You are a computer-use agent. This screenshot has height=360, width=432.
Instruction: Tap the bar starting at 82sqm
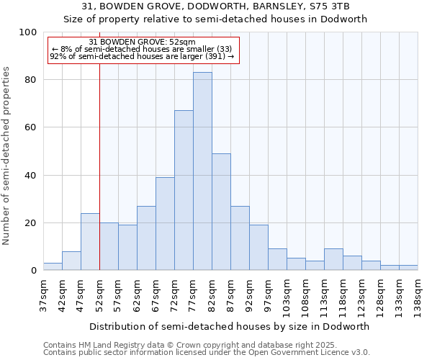pyautogui.click(x=221, y=212)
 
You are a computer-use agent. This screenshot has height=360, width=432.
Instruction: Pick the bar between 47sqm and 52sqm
pyautogui.click(x=90, y=242)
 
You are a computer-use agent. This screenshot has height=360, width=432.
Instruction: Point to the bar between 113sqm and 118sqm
pyautogui.click(x=333, y=260)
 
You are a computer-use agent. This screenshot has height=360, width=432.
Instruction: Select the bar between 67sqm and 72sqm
pyautogui.click(x=165, y=224)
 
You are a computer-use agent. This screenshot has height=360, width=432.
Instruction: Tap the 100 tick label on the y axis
pyautogui.click(x=28, y=32)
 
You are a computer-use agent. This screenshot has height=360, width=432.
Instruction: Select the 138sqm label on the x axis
pyautogui.click(x=418, y=293)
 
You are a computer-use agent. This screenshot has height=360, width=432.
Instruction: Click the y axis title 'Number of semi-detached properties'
pyautogui.click(x=7, y=156)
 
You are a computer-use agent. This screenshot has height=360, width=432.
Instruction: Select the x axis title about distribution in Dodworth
pyautogui.click(x=230, y=326)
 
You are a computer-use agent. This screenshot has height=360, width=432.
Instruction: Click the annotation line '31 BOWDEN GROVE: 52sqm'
pyautogui.click(x=142, y=42)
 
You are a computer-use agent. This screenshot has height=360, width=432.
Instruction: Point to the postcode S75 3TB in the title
pyautogui.click(x=326, y=6)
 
